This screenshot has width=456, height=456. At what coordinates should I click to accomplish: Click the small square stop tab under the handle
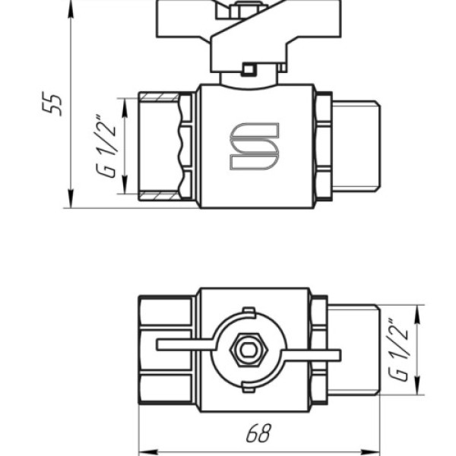pyautogui.click(x=248, y=71)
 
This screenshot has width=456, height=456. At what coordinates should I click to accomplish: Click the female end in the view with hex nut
pyautogui.click(x=168, y=350)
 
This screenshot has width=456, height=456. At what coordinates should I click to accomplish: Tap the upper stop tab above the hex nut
pyautogui.click(x=247, y=312)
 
